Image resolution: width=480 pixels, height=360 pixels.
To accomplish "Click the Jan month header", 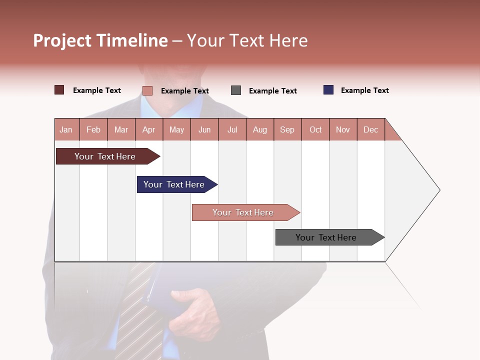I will (66, 129).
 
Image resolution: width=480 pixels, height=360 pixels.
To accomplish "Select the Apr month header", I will (148, 129).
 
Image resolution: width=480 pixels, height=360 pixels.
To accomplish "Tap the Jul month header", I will (232, 129).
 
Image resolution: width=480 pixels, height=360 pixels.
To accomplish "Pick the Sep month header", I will (287, 129).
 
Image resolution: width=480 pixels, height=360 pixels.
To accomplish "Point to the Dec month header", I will (370, 129).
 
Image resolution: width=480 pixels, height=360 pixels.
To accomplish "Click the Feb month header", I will (93, 129).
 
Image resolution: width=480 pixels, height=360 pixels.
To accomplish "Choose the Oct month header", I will (315, 129).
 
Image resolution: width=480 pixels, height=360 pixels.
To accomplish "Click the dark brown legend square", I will (59, 90).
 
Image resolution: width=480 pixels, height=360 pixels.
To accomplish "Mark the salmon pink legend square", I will (147, 90).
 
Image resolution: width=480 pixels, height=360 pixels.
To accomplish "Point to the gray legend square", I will (236, 90).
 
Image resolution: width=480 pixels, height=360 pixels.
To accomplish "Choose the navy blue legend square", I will (328, 90).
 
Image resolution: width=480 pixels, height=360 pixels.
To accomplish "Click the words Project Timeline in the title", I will (100, 40).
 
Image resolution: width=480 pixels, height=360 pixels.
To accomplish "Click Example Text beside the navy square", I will (364, 90).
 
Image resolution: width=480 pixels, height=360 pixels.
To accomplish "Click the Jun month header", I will (204, 129).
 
